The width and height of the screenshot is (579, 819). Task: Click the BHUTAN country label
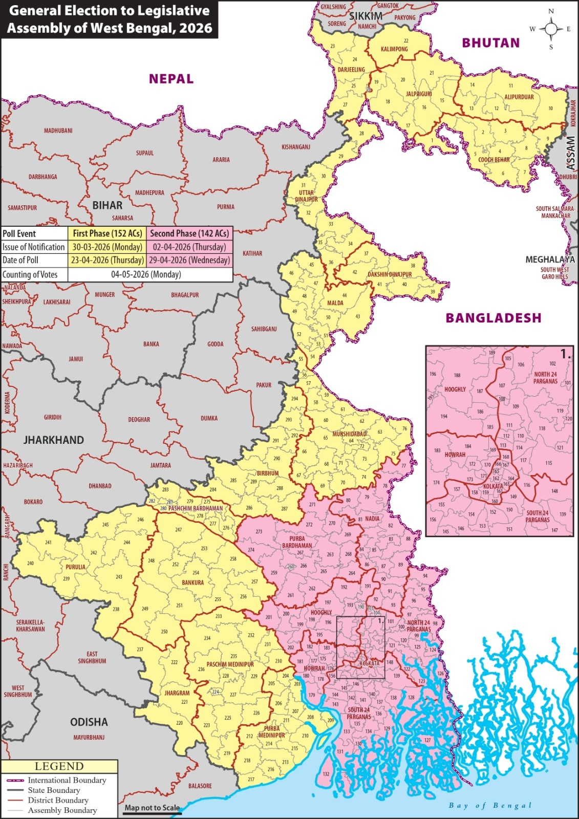coord(490,43)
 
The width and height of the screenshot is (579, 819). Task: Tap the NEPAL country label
coord(171,79)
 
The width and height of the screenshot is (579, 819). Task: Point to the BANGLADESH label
coord(493,318)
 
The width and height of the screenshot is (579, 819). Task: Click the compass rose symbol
coord(551,29)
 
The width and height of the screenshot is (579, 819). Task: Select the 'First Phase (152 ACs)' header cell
coord(107,233)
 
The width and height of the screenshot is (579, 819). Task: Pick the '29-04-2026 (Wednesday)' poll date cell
coord(189,260)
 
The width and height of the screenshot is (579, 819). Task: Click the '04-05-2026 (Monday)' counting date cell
coord(146,274)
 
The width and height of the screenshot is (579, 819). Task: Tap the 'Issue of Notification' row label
coord(34,247)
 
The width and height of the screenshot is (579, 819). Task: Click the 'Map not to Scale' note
coord(152,808)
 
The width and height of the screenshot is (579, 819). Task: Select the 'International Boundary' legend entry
coord(67,780)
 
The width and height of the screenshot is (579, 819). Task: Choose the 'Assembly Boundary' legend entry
coord(62,810)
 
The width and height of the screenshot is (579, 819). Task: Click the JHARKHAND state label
coord(53,440)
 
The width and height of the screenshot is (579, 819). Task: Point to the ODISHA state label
coord(89,722)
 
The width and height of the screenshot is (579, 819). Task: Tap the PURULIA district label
coord(75,567)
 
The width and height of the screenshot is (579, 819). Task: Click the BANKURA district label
coord(192,583)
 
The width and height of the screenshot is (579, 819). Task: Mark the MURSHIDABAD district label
coord(350,434)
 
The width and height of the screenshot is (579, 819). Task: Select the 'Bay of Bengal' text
coord(490,806)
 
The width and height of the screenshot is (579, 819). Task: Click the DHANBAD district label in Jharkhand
coord(100,486)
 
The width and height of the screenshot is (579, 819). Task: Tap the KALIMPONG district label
coord(394,49)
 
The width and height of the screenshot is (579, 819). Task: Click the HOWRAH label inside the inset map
coord(455,455)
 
